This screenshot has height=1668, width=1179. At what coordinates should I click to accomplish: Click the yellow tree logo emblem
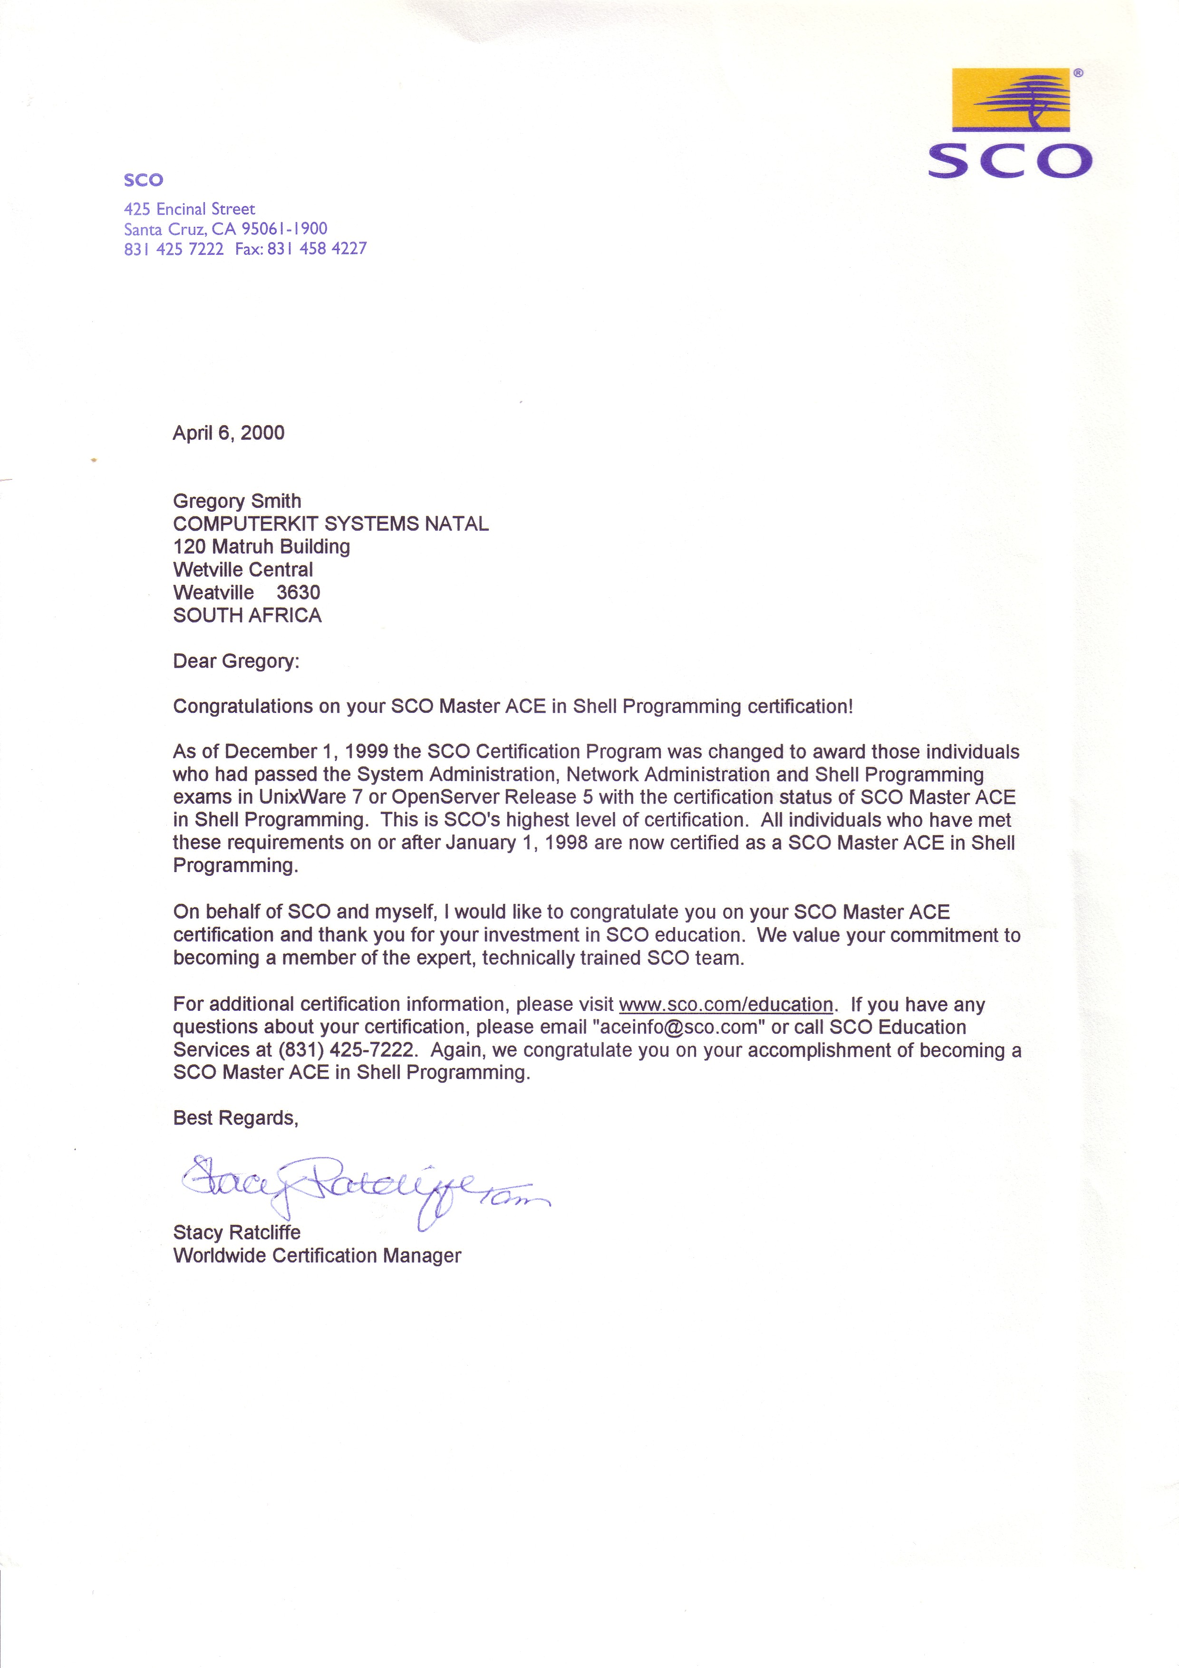[x=1010, y=99]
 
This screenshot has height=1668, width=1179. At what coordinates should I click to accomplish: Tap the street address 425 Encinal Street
[x=190, y=209]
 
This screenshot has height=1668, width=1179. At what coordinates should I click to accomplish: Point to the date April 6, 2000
[x=228, y=433]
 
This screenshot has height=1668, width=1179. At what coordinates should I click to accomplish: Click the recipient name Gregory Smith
[x=237, y=501]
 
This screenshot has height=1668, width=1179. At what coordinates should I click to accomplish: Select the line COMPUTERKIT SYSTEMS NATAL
[x=330, y=524]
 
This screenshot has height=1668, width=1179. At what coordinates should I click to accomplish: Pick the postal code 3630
[x=298, y=593]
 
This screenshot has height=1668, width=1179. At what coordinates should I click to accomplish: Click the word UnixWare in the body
[x=301, y=797]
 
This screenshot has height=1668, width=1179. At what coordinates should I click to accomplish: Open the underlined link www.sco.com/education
[x=726, y=1005]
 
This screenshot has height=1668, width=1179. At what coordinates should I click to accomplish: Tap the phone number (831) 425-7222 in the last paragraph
[x=345, y=1050]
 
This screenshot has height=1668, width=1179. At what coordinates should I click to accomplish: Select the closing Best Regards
[x=235, y=1118]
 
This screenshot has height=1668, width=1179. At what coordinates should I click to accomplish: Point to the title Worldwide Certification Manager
[x=317, y=1256]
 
